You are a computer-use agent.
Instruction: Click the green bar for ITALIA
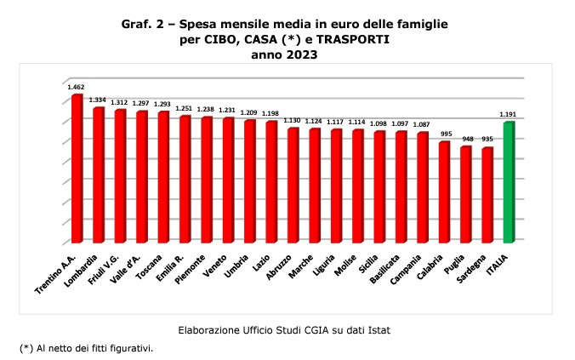[x=509, y=182]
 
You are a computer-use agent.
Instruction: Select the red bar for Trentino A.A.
[x=77, y=169]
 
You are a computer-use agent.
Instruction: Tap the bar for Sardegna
[x=487, y=195]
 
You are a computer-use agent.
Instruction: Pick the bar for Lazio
[x=271, y=181]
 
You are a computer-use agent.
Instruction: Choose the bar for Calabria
[x=444, y=191]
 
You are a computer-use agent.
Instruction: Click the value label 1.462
[x=77, y=86]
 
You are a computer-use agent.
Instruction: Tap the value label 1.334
[x=98, y=99]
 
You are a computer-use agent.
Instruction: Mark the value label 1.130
[x=293, y=120]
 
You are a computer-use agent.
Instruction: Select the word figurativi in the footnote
[x=131, y=348]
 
